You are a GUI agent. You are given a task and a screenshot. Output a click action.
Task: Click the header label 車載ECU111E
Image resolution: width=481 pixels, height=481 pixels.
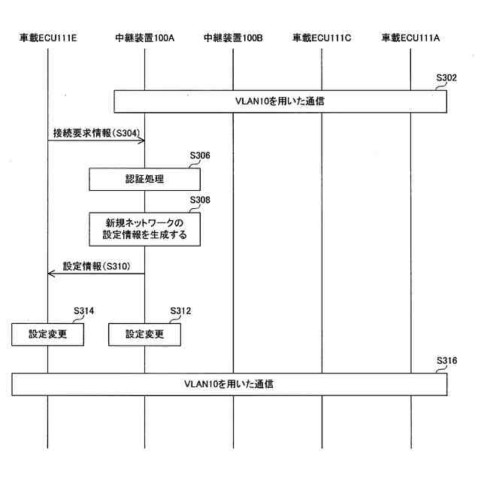point(47,37)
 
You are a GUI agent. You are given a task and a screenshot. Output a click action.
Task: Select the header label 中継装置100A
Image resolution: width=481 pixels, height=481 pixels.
point(145,37)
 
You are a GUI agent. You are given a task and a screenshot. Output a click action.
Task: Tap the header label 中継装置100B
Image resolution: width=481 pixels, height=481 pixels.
point(233,37)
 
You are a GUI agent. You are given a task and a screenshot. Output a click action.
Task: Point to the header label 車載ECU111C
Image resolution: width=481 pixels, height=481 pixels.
point(322,37)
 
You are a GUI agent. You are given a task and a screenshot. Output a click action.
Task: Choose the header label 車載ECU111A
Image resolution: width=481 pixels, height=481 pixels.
point(411,37)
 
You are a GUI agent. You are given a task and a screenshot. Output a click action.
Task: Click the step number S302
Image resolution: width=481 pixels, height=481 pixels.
point(446,77)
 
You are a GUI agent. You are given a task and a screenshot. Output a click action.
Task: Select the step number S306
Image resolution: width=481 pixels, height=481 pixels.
point(200,156)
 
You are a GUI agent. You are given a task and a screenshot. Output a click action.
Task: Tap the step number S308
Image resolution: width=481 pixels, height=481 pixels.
point(200,200)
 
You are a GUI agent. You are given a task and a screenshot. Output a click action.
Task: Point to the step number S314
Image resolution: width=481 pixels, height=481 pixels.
point(83,310)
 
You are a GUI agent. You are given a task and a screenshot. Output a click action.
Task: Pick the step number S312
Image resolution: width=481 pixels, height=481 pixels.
point(181,310)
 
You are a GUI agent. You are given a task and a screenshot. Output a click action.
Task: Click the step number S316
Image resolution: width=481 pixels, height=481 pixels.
point(446,361)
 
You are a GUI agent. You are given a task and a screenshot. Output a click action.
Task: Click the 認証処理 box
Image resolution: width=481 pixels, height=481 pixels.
point(145,179)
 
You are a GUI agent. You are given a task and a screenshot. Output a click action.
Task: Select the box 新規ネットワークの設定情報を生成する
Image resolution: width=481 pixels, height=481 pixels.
point(145,229)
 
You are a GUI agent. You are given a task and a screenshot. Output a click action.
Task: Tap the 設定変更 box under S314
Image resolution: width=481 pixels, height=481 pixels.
point(47,334)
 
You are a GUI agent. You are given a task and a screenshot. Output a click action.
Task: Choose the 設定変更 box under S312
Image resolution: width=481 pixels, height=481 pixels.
point(145,334)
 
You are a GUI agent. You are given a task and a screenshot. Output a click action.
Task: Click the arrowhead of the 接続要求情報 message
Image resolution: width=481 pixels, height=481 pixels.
point(141,140)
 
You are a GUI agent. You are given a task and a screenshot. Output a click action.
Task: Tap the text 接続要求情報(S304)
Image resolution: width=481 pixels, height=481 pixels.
point(95,132)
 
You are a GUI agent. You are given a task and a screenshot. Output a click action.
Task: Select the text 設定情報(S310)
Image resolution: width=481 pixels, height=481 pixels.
point(96,266)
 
